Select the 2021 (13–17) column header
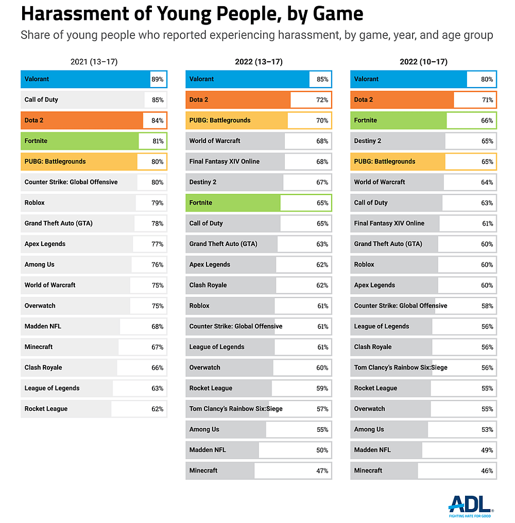click(94, 62)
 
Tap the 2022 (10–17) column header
click(423, 62)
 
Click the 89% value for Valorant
click(158, 79)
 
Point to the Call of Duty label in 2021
click(41, 100)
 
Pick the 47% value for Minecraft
click(322, 470)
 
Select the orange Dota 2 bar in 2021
click(82, 120)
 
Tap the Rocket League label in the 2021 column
click(46, 409)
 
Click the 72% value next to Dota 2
click(322, 100)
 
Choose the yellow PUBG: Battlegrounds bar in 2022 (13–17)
click(237, 120)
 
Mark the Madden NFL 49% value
click(487, 450)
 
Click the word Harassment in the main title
click(72, 14)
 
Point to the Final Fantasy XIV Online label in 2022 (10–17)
click(389, 223)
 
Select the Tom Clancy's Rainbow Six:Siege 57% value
click(322, 409)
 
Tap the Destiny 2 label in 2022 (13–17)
click(203, 182)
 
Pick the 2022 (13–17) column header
click(259, 62)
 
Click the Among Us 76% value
click(158, 265)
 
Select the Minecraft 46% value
click(487, 470)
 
